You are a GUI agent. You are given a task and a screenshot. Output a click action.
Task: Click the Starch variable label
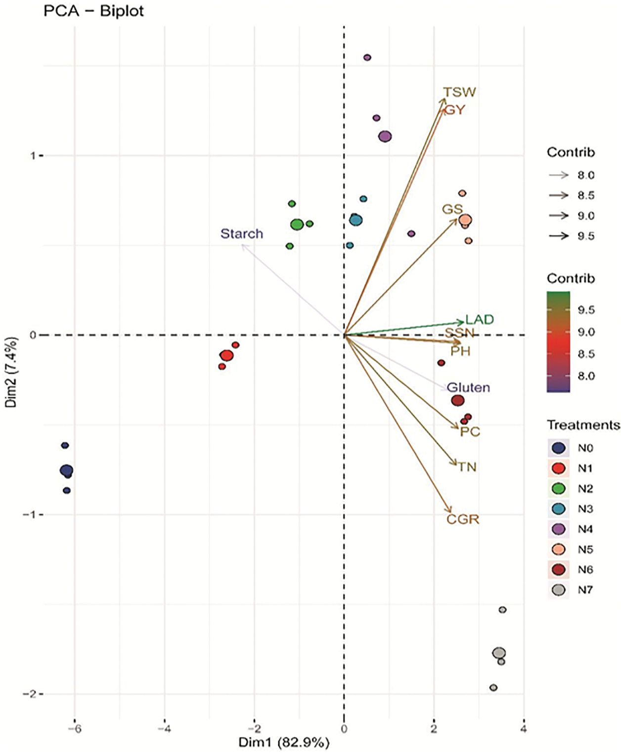(241, 234)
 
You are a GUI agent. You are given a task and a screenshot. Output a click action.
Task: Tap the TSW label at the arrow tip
(459, 93)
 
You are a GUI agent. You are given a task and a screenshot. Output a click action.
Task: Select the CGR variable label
(463, 519)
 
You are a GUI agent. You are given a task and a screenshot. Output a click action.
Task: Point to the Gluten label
(468, 387)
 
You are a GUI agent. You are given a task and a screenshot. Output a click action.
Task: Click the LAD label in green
(480, 320)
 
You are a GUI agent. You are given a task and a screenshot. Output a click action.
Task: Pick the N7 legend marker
(559, 590)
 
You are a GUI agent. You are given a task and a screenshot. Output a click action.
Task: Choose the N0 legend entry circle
(559, 448)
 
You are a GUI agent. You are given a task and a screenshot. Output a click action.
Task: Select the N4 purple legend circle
(559, 529)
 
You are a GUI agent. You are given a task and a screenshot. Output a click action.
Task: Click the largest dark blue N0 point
(66, 471)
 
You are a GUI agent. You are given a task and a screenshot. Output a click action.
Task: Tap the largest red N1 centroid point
(227, 355)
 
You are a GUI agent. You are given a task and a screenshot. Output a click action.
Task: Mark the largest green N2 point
(297, 225)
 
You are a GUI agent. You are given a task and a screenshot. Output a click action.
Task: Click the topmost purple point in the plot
(367, 57)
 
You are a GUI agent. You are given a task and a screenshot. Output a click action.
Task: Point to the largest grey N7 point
(499, 653)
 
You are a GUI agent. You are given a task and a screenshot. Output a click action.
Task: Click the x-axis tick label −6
(75, 729)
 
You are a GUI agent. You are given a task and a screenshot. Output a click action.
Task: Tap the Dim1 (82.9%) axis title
(284, 742)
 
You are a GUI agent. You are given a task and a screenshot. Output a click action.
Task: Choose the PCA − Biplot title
(93, 11)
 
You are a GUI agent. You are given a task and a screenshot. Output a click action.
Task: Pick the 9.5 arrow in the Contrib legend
(559, 236)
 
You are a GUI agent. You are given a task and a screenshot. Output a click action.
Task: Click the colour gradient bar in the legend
(558, 341)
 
